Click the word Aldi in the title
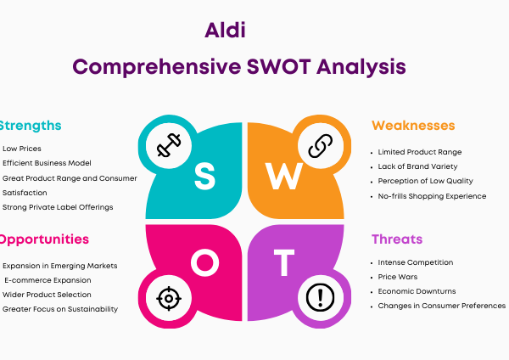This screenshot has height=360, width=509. coord(225,31)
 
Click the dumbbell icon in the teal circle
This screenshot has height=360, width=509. coord(169,145)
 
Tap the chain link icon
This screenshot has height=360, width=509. coord(321,146)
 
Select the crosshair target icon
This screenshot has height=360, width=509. coord(169,298)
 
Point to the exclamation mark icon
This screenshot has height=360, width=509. coord(321,297)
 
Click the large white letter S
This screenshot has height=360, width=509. coord(204,176)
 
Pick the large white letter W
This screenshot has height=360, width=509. coord(284,176)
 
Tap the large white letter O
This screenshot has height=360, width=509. coord(204,262)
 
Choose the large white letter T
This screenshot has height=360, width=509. coord(284,262)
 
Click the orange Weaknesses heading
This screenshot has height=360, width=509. coord(413,126)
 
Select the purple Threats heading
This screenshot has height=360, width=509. coord(397,239)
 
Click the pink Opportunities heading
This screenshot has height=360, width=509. coord(44,239)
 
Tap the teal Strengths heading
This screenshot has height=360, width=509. coord(31,126)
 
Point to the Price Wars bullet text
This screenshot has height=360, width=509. coord(398,277)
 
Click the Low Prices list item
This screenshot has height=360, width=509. coord(22,149)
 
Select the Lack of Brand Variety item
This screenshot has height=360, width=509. coord(417,166)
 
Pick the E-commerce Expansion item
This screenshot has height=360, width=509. coord(48,280)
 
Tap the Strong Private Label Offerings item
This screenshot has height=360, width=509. coord(58,207)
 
